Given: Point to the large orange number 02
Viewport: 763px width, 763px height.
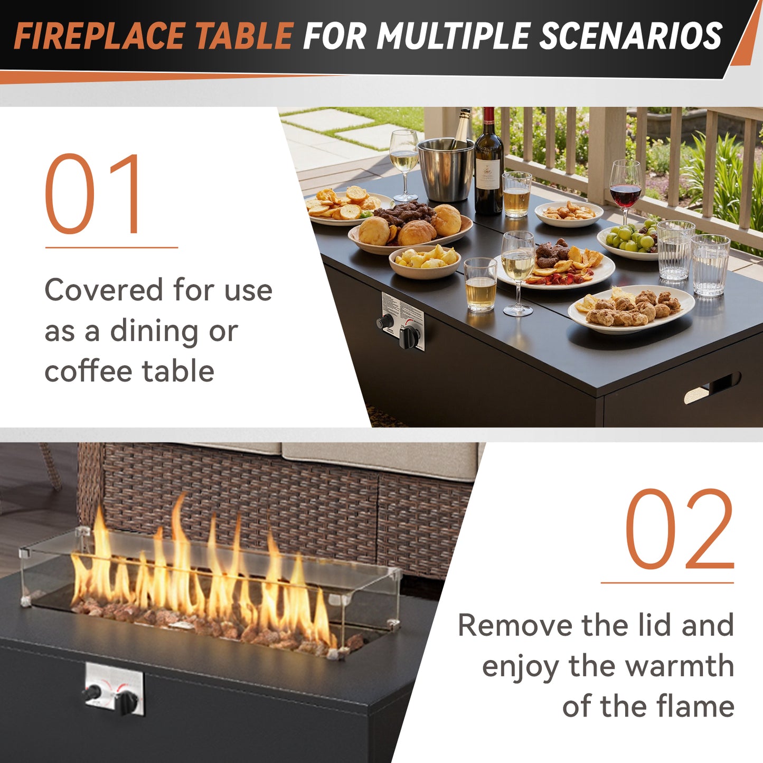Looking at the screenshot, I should tap(680, 529).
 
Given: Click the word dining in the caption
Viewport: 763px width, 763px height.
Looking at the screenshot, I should tap(154, 331).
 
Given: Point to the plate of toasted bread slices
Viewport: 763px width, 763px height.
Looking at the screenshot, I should tap(346, 206).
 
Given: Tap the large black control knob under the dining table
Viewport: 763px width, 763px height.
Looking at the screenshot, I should tap(409, 336).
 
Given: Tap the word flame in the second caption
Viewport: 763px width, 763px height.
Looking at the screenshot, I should tap(695, 707).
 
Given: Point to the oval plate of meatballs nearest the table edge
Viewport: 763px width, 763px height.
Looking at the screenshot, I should tap(631, 309).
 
